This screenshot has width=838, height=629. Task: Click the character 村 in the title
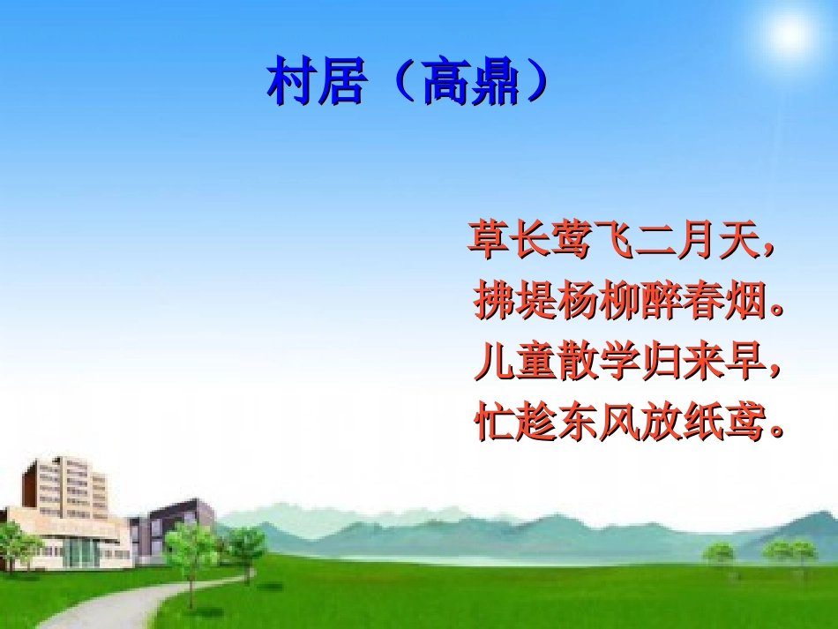tap(292, 83)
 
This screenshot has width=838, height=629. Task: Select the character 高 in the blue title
tap(447, 83)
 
